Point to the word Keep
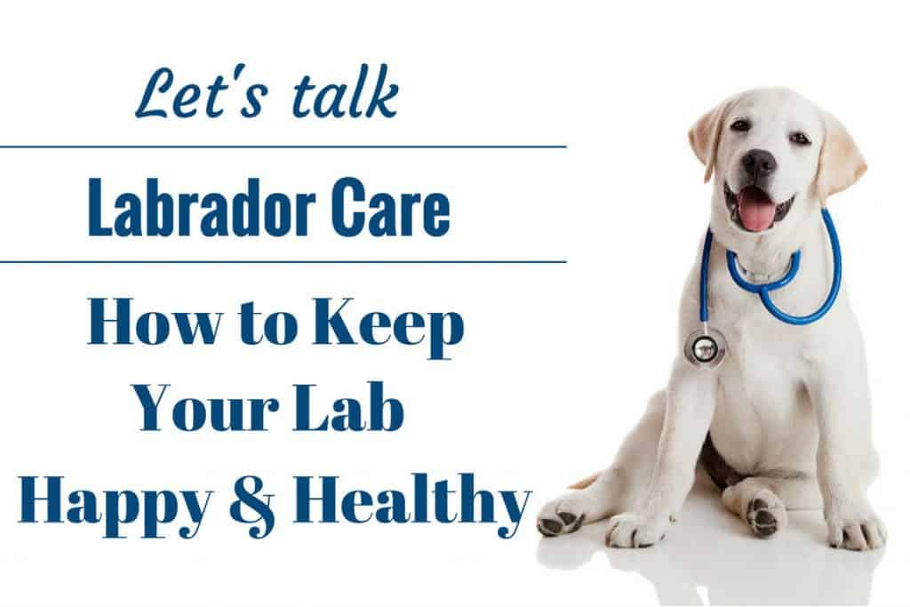[x=387, y=327]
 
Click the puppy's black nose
[x=759, y=164]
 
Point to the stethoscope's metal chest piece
[x=704, y=348]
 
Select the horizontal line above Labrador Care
[x=283, y=147]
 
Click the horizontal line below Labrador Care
[x=283, y=261]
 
